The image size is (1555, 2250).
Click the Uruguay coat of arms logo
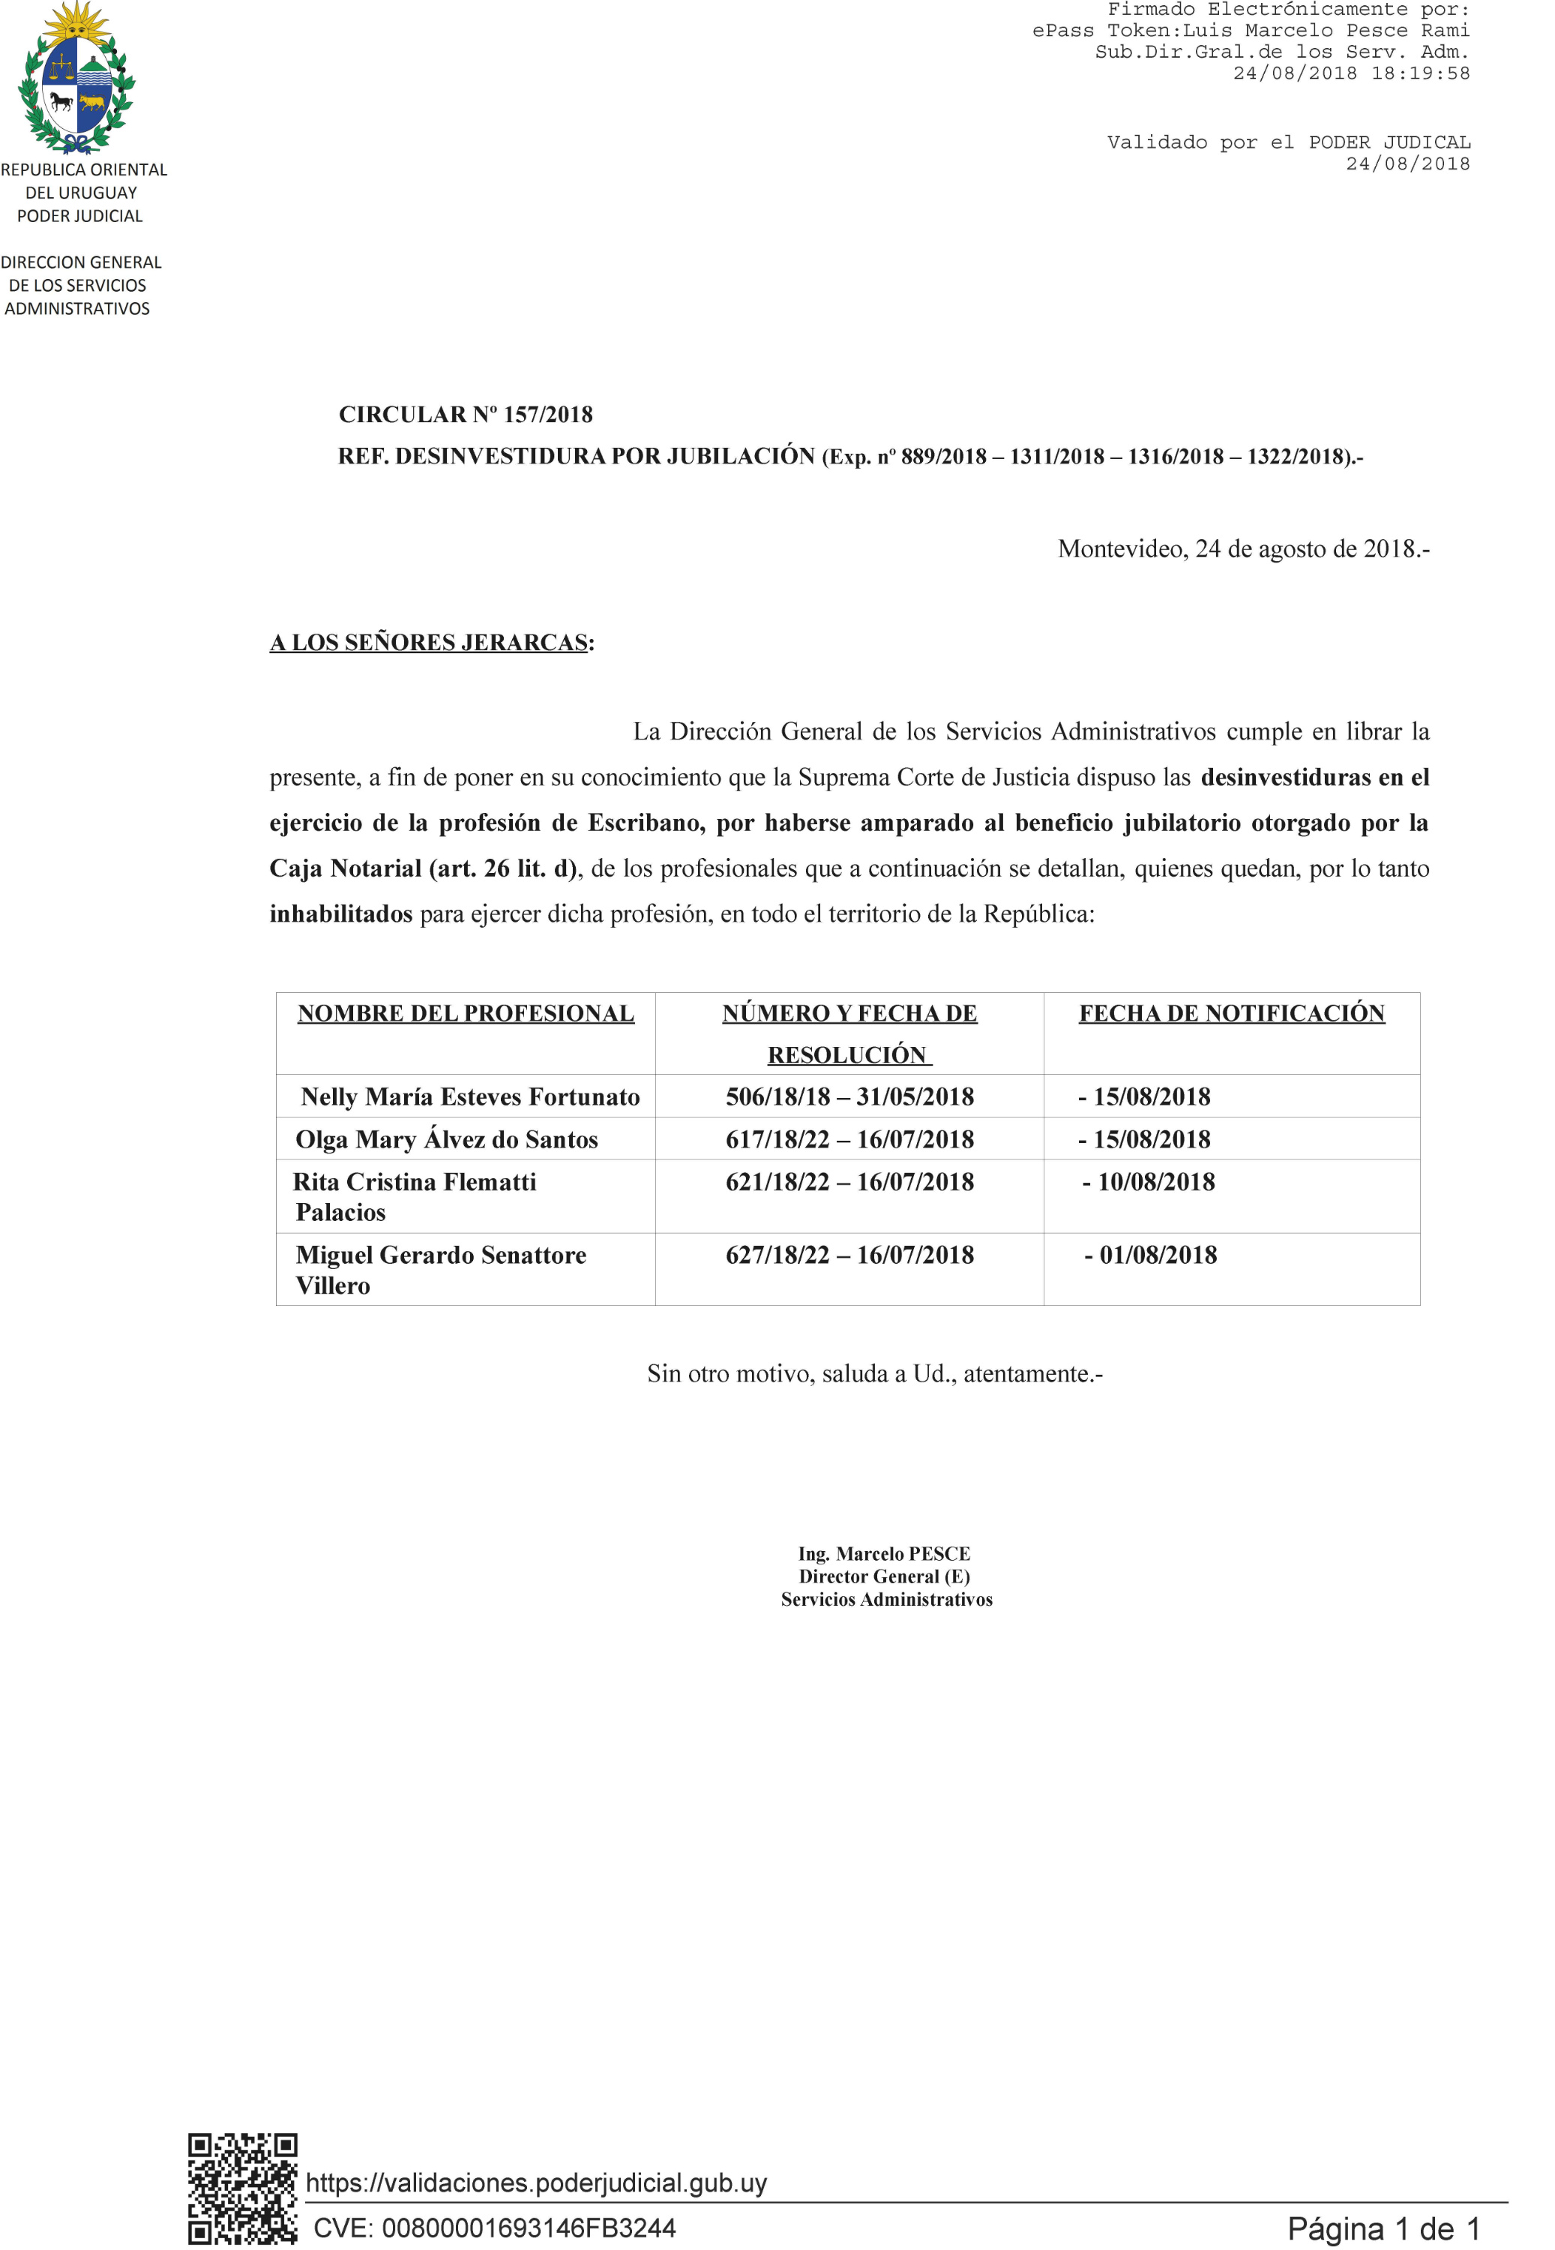pyautogui.click(x=77, y=78)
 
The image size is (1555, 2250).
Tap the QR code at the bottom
pyautogui.click(x=243, y=2187)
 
